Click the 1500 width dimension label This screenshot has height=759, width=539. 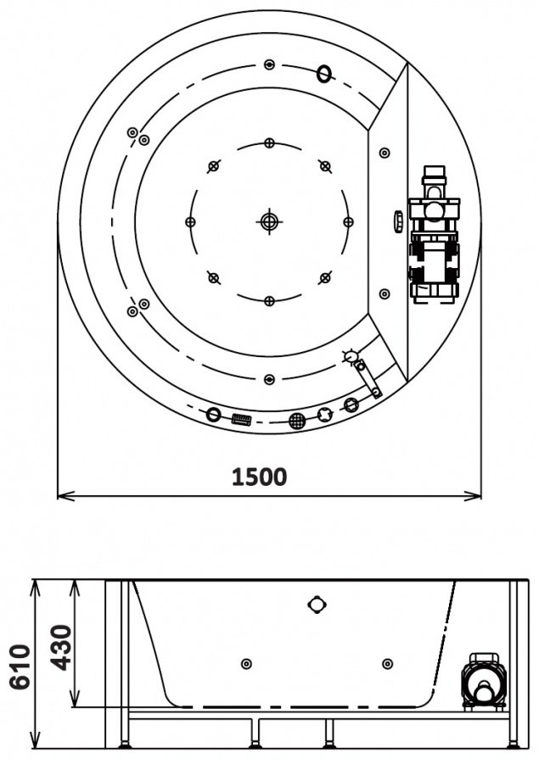260,477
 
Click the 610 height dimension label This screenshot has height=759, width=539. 21,666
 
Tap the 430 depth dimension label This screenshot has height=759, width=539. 62,648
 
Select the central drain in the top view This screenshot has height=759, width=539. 270,221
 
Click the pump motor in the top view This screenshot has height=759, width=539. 434,235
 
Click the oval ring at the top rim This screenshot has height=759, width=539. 325,74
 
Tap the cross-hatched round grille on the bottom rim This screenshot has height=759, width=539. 298,420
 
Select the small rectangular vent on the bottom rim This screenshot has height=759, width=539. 241,419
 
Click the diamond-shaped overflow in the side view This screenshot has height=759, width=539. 317,604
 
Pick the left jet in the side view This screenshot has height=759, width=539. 246,663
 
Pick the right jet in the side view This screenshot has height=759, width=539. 387,663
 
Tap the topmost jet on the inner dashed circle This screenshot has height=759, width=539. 270,142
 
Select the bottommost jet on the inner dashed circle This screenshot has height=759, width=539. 270,301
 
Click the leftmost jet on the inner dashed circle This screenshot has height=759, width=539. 190,221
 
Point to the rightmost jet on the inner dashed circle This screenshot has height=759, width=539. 348,221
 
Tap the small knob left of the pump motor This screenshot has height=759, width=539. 398,220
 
